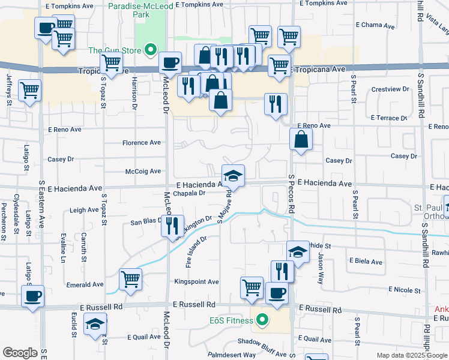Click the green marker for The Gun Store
(x=152, y=50)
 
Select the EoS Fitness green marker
(x=262, y=319)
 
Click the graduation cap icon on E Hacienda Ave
(x=233, y=175)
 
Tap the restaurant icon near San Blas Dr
(x=173, y=226)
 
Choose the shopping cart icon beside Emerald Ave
(x=130, y=278)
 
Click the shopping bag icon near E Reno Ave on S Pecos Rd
(x=301, y=139)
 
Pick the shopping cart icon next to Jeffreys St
(x=29, y=91)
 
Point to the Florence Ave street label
(x=142, y=143)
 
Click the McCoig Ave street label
(x=143, y=172)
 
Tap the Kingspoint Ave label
(x=196, y=281)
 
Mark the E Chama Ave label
(x=375, y=26)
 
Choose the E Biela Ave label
(x=366, y=262)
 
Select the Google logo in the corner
(x=20, y=353)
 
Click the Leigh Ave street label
(x=84, y=210)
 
